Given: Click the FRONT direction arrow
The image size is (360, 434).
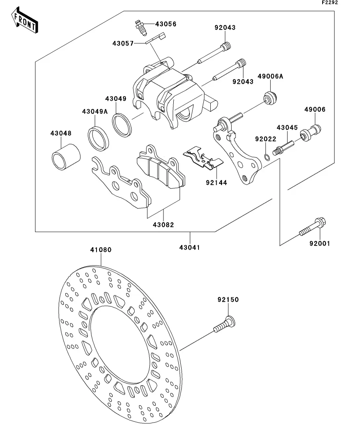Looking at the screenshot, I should pos(25,22).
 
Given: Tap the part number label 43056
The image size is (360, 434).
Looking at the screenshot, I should pos(165,24).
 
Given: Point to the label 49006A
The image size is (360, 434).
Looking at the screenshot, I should pos(270,76).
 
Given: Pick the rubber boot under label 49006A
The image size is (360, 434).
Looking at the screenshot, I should pos(271,97).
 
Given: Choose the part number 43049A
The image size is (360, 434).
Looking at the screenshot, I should pos(95,111).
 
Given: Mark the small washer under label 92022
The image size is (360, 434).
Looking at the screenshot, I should pos(267,157).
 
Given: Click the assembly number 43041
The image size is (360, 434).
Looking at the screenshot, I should pos(190,247).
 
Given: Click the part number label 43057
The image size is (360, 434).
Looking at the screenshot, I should pos(122,43).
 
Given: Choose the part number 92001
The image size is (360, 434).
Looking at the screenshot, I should pos(319,244).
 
